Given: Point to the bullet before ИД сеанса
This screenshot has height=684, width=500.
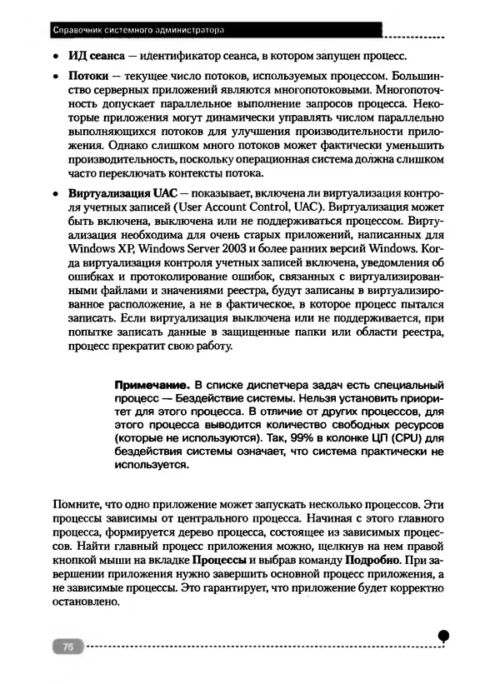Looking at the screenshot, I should [x=55, y=57].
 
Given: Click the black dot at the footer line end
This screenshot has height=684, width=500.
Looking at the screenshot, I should [x=443, y=635].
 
